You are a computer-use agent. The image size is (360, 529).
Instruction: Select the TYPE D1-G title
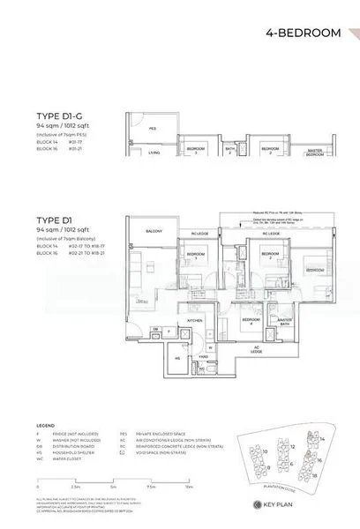click(x=60, y=115)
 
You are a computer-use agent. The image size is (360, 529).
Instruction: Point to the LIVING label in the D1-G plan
click(x=154, y=153)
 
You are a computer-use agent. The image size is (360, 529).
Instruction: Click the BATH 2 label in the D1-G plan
click(x=229, y=151)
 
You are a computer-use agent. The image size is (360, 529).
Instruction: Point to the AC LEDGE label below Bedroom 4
click(x=256, y=351)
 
